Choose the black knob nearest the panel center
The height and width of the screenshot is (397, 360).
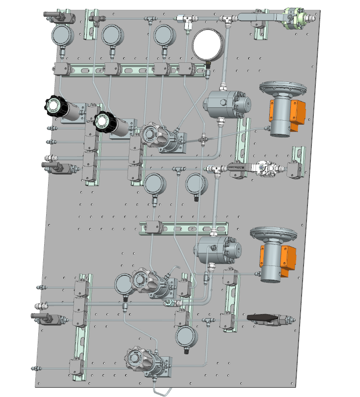click(104, 122)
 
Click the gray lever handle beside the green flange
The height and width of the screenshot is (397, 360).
click(259, 18)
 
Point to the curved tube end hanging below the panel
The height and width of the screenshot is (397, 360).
click(162, 391)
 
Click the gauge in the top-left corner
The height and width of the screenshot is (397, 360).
click(62, 35)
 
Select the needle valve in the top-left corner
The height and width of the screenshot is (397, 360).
click(59, 18)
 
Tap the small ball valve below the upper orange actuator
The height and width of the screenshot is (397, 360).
click(265, 168)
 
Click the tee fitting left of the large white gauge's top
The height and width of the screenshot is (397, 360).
click(185, 19)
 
